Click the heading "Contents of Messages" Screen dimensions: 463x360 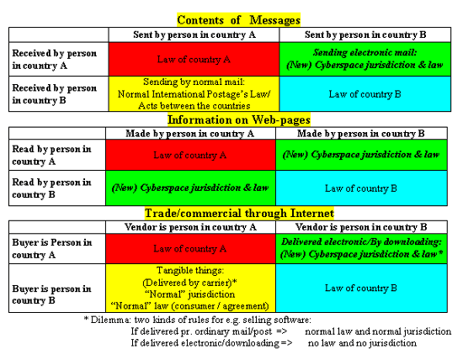pyautogui.click(x=238, y=20)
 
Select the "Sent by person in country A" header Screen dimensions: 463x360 pyautogui.click(x=194, y=34)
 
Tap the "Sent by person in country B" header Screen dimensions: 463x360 pyautogui.click(x=365, y=34)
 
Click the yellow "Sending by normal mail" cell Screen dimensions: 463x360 pyautogui.click(x=194, y=94)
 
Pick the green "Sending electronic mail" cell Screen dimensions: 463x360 pyautogui.click(x=365, y=59)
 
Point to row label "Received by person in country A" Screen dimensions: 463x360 pyautogui.click(x=55, y=59)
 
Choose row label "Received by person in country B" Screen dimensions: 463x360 pyautogui.click(x=55, y=94)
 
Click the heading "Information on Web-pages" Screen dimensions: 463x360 pyautogui.click(x=239, y=119)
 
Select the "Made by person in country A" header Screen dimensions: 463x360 pyautogui.click(x=190, y=134)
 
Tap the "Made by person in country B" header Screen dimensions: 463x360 pyautogui.click(x=361, y=134)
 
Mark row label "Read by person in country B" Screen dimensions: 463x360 pyautogui.click(x=51, y=188)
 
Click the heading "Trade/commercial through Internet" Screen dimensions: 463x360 pyautogui.click(x=239, y=213)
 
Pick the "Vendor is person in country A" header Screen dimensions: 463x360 pyautogui.click(x=190, y=227)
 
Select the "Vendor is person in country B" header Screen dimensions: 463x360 pyautogui.click(x=361, y=227)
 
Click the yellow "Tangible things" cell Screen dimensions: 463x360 pyautogui.click(x=190, y=288)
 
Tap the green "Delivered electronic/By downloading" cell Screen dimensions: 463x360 pyautogui.click(x=361, y=248)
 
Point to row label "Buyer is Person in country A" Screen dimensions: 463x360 pyautogui.click(x=52, y=248)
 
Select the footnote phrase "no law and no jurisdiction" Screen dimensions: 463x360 pyautogui.click(x=362, y=343)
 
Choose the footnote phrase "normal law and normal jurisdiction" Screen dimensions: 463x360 pyautogui.click(x=378, y=331)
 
